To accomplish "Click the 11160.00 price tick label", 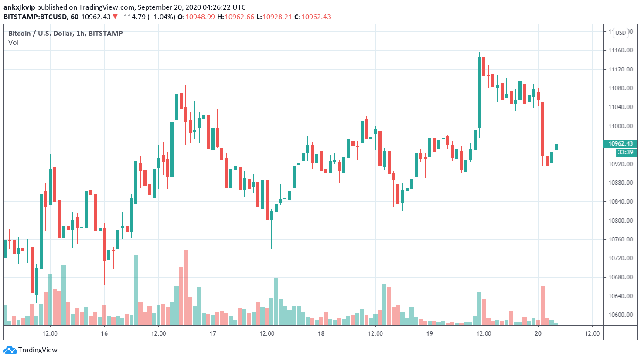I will tap(621, 50).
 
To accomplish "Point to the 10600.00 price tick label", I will tap(621, 315).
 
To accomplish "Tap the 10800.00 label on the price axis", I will tap(621, 221).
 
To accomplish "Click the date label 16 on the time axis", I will tap(104, 333).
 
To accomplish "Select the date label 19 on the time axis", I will tap(430, 333).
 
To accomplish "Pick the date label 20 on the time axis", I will tap(538, 333).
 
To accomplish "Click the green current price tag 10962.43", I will tap(621, 143).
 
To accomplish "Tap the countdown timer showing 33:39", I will tap(625, 152).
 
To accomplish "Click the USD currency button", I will tap(621, 33).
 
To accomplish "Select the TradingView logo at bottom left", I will tap(31, 350).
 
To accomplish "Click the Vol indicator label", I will tap(14, 43).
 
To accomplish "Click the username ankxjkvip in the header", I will tap(19, 7).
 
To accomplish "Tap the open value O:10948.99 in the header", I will tap(196, 17).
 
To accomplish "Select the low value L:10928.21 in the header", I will tap(274, 17).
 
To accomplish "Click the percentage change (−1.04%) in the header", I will tap(160, 17).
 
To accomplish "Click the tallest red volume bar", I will tap(185, 288).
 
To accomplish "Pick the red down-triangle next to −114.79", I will tap(115, 17).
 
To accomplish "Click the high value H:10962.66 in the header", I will tap(235, 17).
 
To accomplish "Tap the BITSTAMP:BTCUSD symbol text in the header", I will tap(35, 17).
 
